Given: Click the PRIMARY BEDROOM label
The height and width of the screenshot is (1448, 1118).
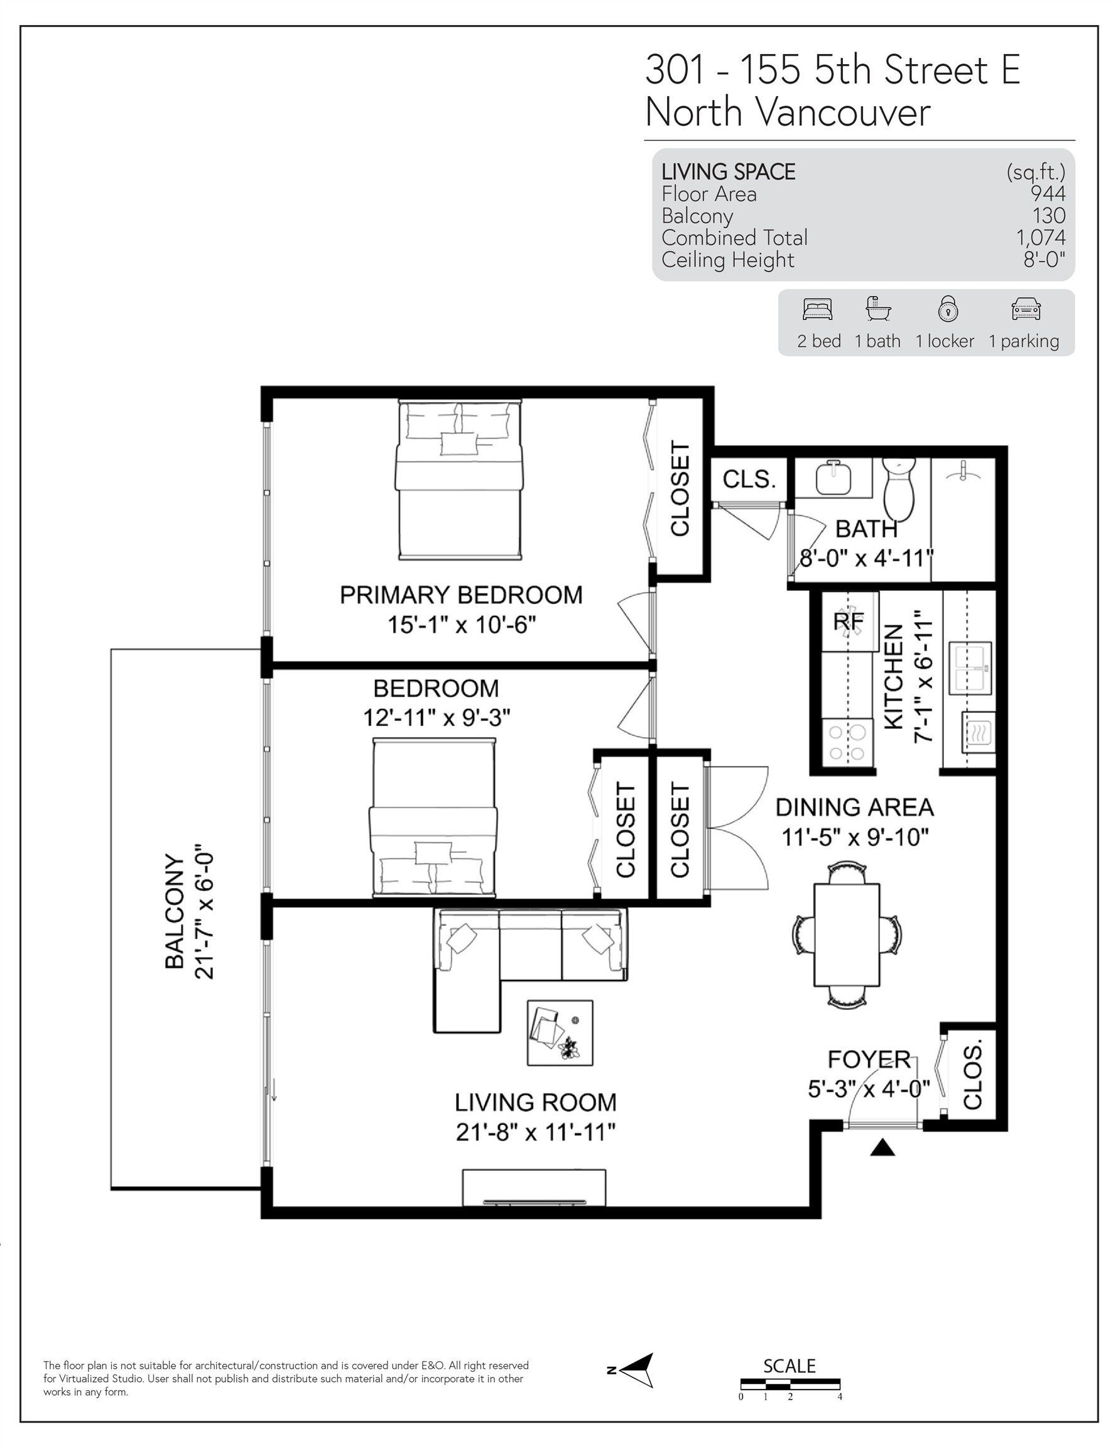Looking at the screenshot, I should pyautogui.click(x=460, y=595).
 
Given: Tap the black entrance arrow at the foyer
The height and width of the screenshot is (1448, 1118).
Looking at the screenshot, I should pyautogui.click(x=882, y=1147).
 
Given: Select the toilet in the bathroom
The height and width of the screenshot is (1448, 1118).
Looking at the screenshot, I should pyautogui.click(x=899, y=491).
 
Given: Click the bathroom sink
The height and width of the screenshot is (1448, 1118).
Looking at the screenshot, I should pyautogui.click(x=833, y=478).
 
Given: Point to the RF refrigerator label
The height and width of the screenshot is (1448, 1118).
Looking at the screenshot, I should pyautogui.click(x=849, y=621).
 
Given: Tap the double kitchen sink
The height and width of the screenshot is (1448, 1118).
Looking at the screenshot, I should pyautogui.click(x=970, y=667).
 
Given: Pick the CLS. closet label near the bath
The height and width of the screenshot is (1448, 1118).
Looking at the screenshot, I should pyautogui.click(x=749, y=479).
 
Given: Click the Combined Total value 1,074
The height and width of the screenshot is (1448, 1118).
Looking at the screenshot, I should pyautogui.click(x=1041, y=238).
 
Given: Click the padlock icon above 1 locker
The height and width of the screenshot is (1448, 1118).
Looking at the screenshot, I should pyautogui.click(x=948, y=309).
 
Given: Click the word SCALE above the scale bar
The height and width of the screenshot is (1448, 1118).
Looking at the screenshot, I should pyautogui.click(x=789, y=1366).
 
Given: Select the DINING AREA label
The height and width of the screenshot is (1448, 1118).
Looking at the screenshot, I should pyautogui.click(x=854, y=808).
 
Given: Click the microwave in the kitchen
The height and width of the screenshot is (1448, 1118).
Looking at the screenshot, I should pyautogui.click(x=977, y=732).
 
